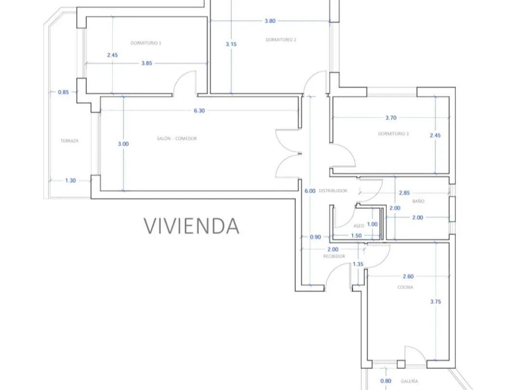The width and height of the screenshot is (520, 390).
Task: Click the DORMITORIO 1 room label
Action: coord(146,43)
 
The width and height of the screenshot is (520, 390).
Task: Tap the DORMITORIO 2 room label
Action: coord(281,40)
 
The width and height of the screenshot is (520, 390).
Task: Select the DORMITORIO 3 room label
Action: coord(393,134)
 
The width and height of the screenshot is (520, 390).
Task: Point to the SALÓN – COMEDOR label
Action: coord(177,139)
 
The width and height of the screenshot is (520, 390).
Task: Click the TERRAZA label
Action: coord(69,141)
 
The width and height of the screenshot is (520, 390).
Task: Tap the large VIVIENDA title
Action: coord(192,226)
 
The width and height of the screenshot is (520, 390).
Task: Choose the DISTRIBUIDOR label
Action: coord(333,191)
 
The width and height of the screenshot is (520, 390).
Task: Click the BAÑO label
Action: coord(418,201)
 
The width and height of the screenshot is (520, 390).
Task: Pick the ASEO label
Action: coord(359,226)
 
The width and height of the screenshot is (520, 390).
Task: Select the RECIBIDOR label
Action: coord(334,256)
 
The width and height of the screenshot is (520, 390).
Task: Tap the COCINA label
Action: coord(405,287)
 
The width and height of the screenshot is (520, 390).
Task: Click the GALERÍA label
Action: coord(409,381)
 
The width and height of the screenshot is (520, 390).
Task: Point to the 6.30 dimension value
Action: coord(199,111)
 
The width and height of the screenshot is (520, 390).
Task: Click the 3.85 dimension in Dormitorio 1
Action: coord(146,64)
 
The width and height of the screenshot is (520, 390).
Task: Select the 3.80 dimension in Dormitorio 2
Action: coord(270,21)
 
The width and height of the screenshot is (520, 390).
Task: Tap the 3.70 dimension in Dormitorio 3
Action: coord(391,118)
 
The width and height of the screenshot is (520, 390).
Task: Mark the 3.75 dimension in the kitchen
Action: coord(436,302)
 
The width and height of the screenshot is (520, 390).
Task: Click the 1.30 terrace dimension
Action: coord(70,181)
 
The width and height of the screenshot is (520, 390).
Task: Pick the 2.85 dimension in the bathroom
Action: coord(404,193)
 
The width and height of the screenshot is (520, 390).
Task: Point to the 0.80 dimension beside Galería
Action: coord(386,381)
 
